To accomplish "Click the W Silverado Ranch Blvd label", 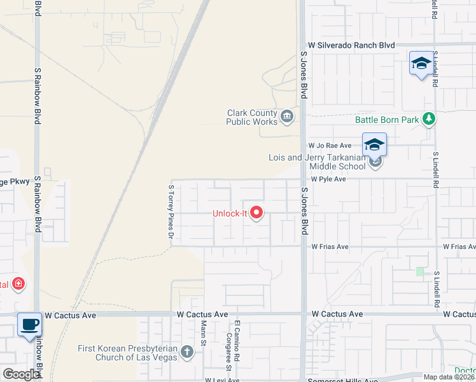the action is (351, 46).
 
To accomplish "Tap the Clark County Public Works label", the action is (252, 117).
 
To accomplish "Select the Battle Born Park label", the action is (387, 120).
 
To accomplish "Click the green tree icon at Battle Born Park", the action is (430, 118).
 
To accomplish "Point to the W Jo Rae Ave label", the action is (330, 146).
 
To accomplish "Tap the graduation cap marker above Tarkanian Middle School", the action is (375, 145).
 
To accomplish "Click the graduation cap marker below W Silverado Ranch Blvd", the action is (421, 63).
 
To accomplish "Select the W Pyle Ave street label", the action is (328, 180).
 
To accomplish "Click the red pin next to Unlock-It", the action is (256, 212).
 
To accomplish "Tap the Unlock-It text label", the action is (229, 213).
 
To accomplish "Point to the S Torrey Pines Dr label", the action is (171, 213).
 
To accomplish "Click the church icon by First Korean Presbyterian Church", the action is (186, 351).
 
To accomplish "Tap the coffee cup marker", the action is (29, 324).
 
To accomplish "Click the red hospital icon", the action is (18, 283).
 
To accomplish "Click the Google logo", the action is (21, 374).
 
